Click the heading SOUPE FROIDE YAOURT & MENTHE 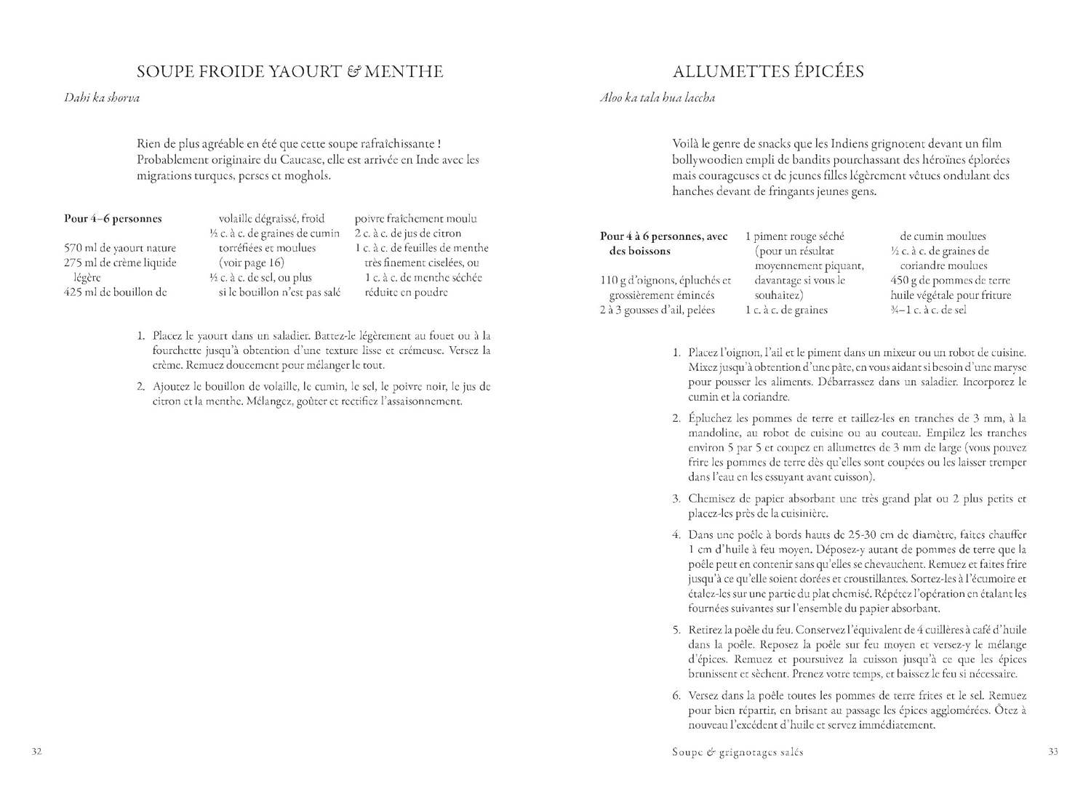click(289, 71)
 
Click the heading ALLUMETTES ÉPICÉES click(768, 71)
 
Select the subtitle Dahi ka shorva click(102, 97)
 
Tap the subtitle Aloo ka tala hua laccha click(657, 97)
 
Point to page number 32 click(37, 752)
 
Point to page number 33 click(1052, 752)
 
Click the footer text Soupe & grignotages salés click(738, 753)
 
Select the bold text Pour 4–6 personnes click(113, 218)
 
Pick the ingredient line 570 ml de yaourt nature click(120, 248)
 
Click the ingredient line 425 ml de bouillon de click(116, 292)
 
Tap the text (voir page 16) click(252, 262)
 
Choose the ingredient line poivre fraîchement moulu click(416, 218)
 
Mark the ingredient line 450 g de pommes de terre click(950, 280)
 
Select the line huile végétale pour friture click(951, 295)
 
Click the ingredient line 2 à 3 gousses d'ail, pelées click(658, 310)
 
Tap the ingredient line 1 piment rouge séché click(795, 236)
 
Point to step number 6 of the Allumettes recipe click(676, 696)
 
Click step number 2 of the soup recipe click(141, 387)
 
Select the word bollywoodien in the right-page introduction click(704, 160)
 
